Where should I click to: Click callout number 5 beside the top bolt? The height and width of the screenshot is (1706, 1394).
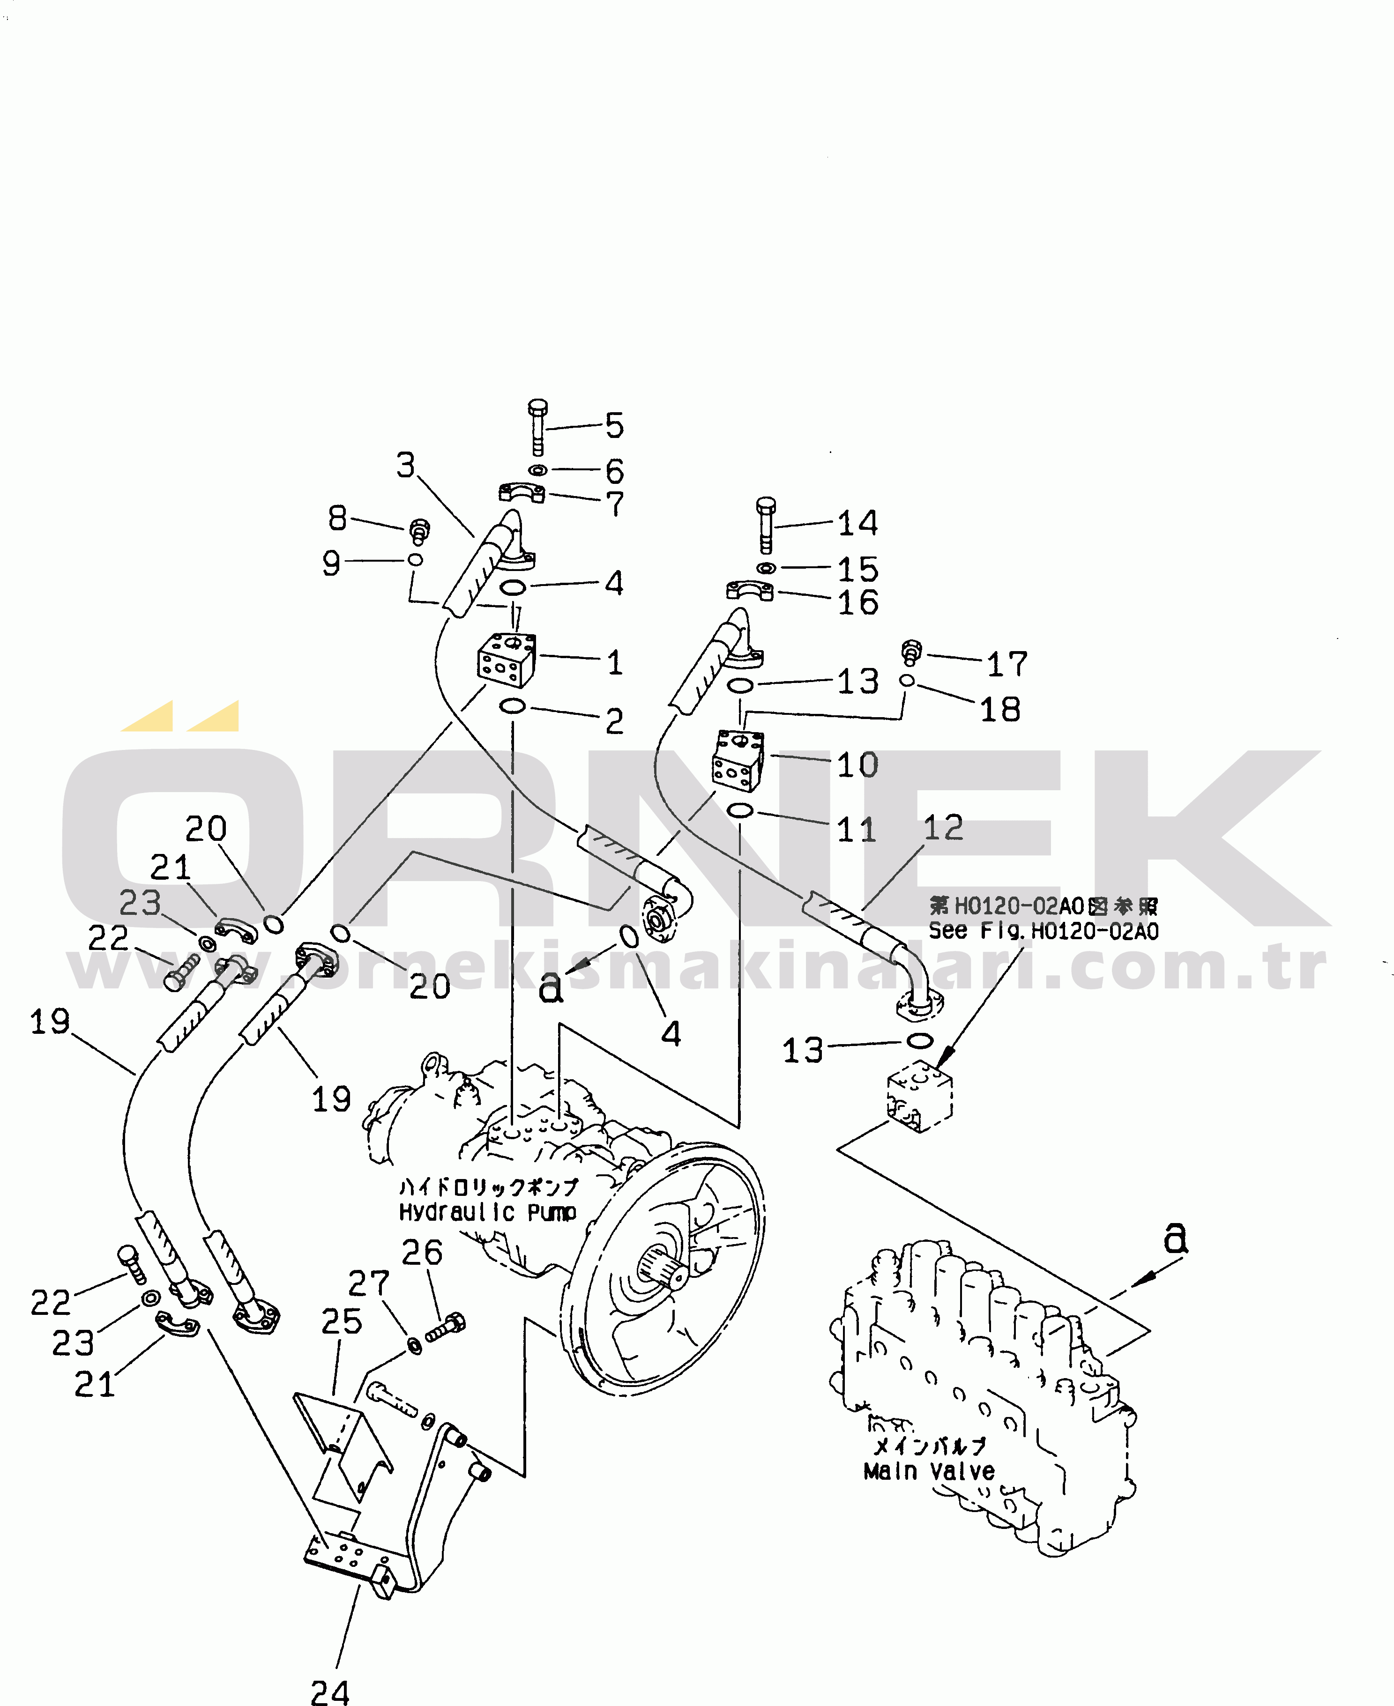pyautogui.click(x=614, y=425)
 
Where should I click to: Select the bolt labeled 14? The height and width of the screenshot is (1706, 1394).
pyautogui.click(x=766, y=523)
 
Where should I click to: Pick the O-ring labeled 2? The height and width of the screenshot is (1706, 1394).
pyautogui.click(x=512, y=706)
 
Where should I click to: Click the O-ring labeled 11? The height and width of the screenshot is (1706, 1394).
pyautogui.click(x=739, y=811)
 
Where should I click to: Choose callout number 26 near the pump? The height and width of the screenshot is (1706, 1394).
pyautogui.click(x=422, y=1253)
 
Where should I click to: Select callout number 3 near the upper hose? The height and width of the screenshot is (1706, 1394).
pyautogui.click(x=406, y=466)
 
